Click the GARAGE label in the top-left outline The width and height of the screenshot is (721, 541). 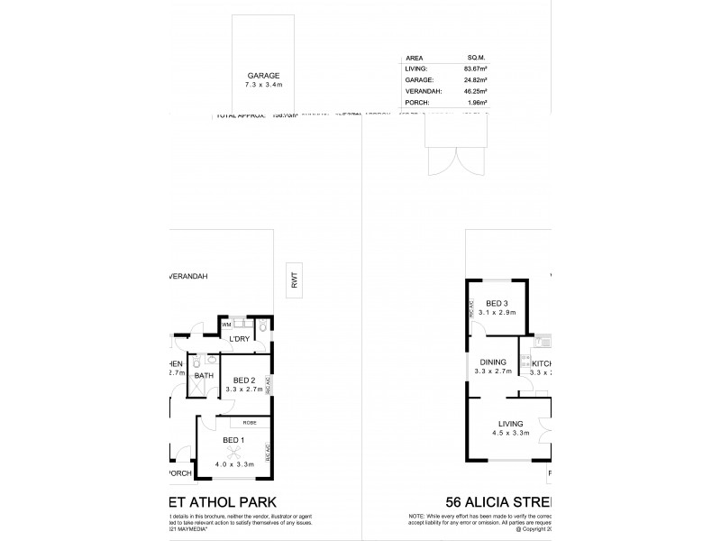[264, 76]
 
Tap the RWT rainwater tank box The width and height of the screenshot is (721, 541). [294, 280]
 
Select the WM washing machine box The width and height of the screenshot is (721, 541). [226, 323]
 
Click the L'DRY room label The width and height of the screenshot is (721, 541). [239, 338]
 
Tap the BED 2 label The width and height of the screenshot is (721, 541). [242, 380]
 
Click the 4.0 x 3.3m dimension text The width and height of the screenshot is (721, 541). [233, 464]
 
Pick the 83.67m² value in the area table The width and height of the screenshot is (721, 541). [475, 68]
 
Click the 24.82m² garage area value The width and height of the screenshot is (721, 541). [475, 79]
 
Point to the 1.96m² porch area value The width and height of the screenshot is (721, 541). [477, 103]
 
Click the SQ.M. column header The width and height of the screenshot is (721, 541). [476, 56]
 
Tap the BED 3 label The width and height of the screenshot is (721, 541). [497, 303]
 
